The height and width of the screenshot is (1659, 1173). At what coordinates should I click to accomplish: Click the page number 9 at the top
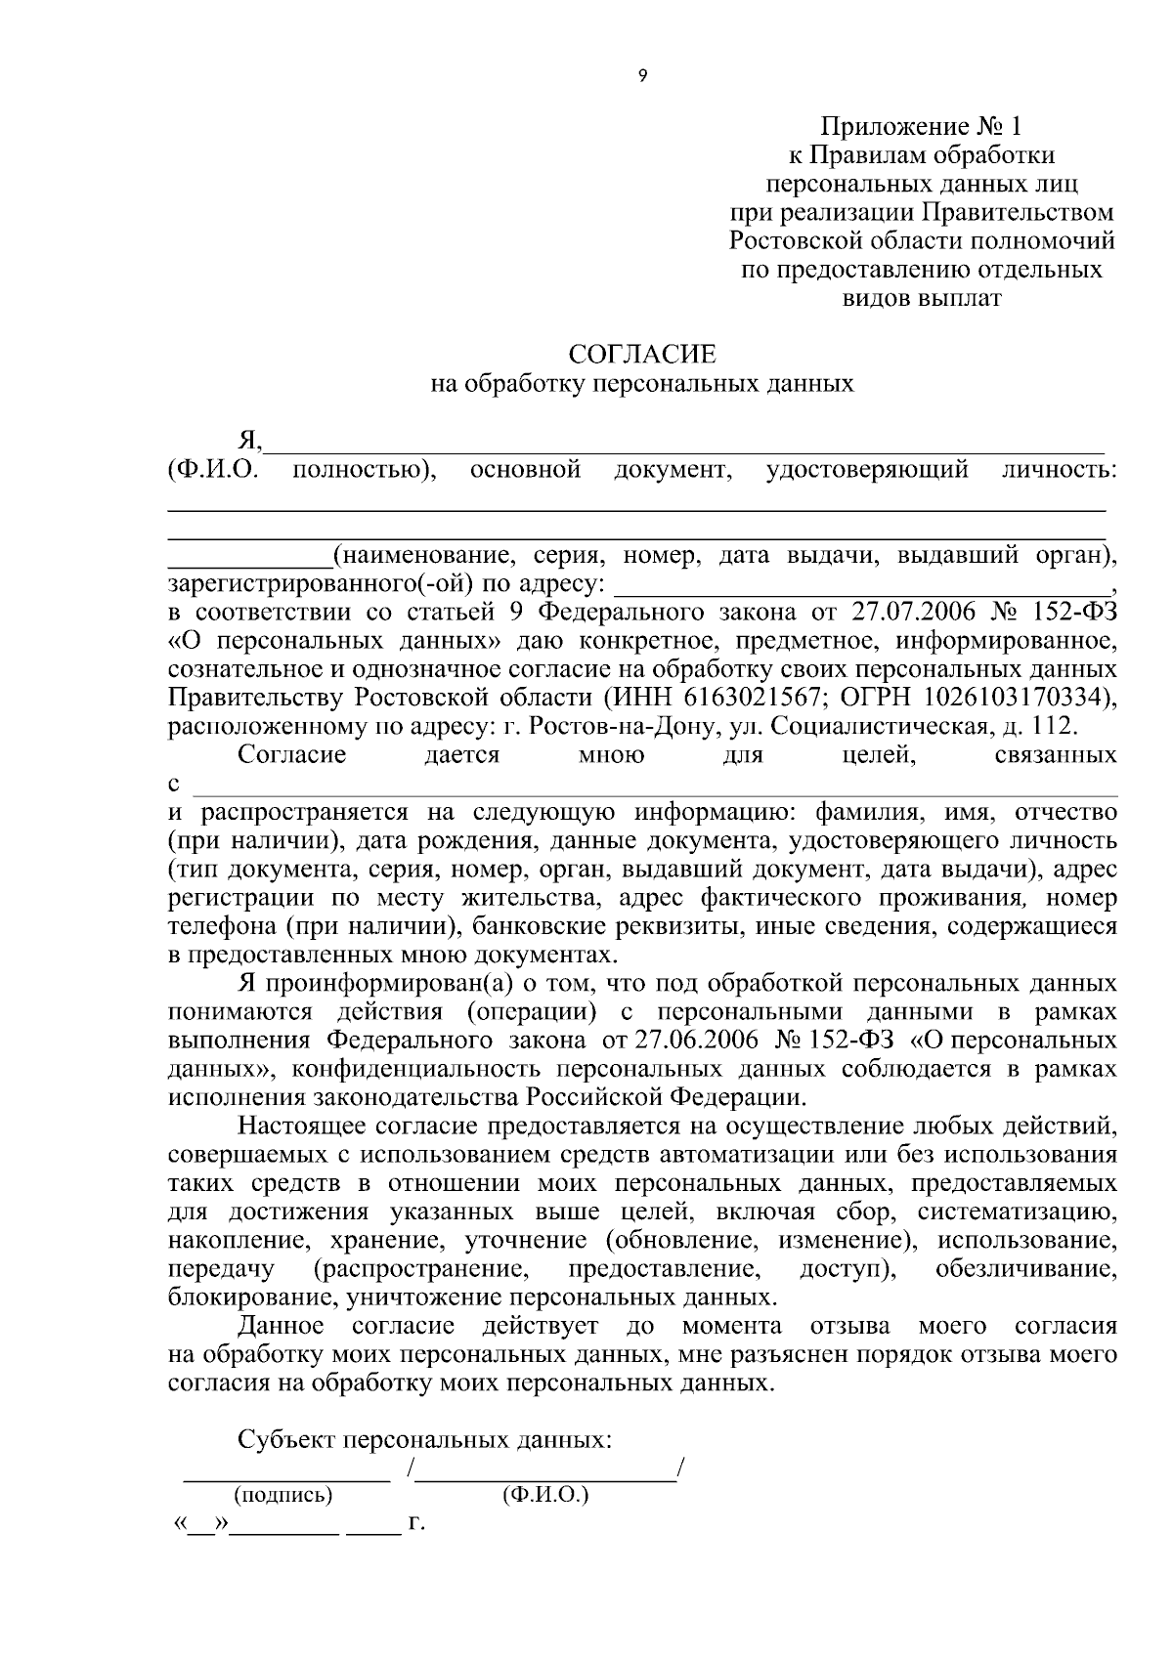click(x=641, y=77)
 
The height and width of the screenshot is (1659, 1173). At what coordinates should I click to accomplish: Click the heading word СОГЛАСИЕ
click(x=642, y=353)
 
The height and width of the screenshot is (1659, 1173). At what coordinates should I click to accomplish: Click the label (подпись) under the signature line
click(x=282, y=1495)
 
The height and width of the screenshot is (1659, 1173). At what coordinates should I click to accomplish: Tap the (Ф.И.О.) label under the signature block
click(x=544, y=1495)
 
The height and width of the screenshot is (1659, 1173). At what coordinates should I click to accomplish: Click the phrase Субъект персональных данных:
click(x=425, y=1440)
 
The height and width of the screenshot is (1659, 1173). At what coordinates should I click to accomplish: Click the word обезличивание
click(x=1025, y=1269)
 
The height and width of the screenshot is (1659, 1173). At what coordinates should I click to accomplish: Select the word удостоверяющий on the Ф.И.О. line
click(x=867, y=471)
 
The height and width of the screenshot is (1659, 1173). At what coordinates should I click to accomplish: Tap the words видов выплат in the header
click(x=921, y=298)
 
